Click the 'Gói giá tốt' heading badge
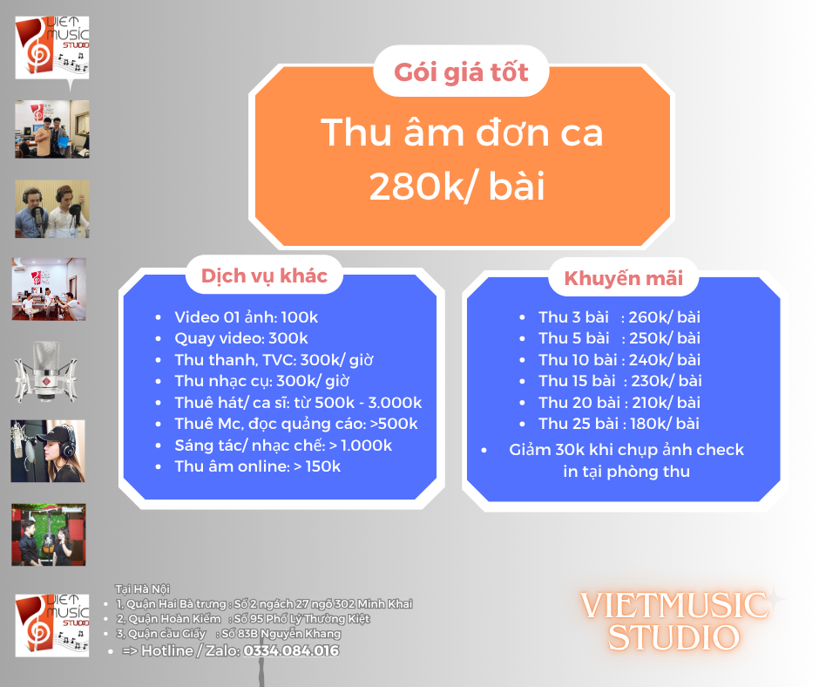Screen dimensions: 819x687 461,71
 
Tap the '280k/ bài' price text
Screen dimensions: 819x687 457,186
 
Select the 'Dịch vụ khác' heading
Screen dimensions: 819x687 264,275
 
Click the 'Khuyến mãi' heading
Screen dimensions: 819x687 623,278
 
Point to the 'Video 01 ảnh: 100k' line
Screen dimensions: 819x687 246,317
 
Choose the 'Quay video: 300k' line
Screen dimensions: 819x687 240,338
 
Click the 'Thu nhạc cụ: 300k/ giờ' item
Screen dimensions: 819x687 261,381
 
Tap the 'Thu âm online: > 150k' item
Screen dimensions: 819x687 258,466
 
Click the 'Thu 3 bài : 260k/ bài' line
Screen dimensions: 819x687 619,317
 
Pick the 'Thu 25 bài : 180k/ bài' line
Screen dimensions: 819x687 619,424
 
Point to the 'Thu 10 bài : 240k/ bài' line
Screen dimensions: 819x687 619,360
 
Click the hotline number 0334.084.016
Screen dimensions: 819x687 291,650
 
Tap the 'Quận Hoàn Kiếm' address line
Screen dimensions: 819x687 243,619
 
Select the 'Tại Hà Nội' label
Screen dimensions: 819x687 143,589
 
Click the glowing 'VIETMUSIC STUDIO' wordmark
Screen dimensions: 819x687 674,621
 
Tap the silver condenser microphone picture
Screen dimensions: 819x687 46,371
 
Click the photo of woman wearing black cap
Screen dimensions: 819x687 48,451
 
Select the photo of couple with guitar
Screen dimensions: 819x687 49,534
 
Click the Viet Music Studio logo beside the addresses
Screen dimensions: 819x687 51,625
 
